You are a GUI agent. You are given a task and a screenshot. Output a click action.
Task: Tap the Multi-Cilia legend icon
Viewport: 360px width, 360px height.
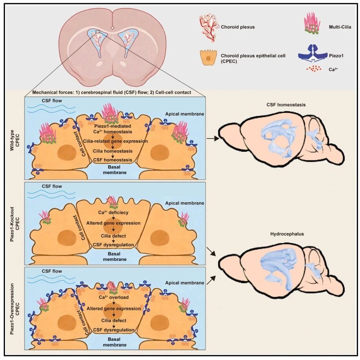coord(312,23)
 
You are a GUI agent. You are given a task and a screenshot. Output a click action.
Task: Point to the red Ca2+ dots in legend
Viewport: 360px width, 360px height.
coord(314,68)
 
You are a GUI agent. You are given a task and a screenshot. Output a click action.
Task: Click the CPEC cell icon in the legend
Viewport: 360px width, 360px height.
coord(208,57)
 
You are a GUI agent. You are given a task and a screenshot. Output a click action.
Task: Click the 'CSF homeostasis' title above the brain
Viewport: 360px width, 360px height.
coord(286,105)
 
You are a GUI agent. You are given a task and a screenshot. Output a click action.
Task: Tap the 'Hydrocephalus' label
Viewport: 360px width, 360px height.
coord(287,234)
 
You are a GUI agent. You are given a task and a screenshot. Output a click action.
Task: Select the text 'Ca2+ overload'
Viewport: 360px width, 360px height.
coord(114,297)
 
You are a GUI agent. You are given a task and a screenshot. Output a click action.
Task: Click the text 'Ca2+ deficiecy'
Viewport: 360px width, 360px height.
coord(113,212)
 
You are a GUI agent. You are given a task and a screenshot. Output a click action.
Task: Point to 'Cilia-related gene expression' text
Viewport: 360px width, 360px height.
coord(115,141)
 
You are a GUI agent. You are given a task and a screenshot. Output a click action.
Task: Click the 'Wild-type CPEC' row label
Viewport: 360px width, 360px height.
coord(14,140)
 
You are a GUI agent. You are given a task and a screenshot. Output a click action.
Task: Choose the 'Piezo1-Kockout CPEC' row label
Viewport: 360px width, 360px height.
coord(14,224)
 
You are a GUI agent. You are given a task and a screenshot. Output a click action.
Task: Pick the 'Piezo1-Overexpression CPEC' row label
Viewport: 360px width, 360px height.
coord(14,309)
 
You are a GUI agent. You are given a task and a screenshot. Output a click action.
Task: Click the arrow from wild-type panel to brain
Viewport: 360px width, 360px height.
coord(213,139)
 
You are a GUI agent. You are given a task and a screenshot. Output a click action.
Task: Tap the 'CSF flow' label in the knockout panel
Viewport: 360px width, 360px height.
coord(52,186)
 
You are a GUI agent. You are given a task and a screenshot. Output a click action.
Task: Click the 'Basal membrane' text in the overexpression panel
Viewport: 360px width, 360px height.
coord(115,342)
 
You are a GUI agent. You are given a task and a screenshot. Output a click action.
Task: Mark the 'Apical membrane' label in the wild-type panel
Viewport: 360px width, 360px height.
coord(185,114)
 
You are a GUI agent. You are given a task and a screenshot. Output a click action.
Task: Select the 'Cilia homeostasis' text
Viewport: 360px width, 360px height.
coord(113,151)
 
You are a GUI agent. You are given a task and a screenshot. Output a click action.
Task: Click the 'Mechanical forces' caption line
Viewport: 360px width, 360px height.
coord(112,92)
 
